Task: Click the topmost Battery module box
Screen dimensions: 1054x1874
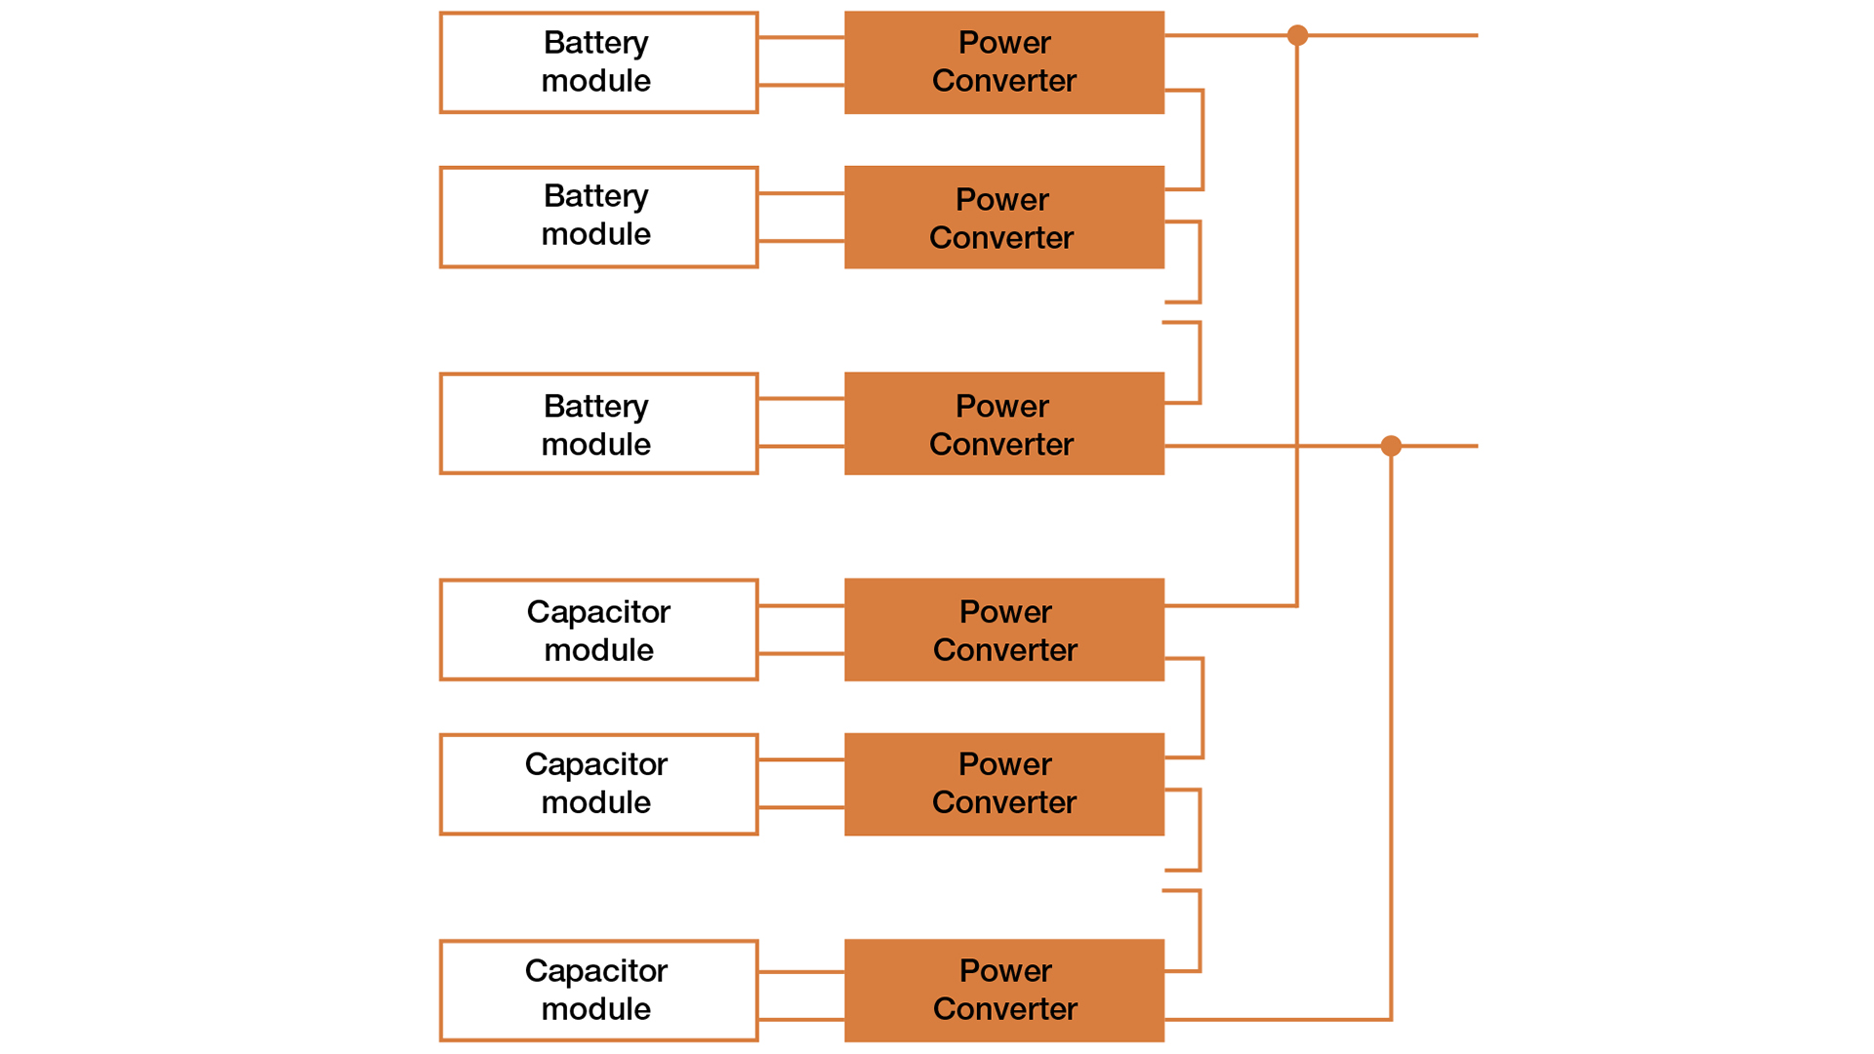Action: [598, 62]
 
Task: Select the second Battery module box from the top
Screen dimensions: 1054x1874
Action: [598, 217]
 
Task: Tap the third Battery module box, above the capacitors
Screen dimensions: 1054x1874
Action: [598, 424]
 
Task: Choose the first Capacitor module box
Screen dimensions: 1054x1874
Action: [598, 629]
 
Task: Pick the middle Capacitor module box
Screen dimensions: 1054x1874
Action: [598, 784]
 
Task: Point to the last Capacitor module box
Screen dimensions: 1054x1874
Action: [598, 990]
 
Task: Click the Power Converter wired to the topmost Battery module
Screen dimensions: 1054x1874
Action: [1003, 62]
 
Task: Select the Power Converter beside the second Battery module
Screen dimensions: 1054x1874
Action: [1003, 217]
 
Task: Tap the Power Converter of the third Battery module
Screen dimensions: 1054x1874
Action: [1003, 424]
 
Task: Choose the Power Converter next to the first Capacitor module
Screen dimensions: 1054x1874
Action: [1003, 629]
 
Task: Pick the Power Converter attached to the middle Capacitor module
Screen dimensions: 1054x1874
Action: [1003, 784]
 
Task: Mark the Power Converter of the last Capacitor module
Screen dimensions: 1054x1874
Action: [1003, 990]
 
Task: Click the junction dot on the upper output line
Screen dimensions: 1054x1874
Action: [1297, 36]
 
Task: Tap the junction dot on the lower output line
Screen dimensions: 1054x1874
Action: [1391, 446]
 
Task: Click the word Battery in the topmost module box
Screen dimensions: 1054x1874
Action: [595, 43]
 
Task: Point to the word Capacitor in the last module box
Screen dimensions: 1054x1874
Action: [595, 971]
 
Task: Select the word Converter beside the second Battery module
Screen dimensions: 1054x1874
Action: [1001, 237]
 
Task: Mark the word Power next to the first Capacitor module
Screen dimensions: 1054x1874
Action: [1005, 612]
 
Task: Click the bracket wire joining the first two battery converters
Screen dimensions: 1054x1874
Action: [1202, 140]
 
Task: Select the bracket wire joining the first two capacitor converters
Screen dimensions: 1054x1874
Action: [1202, 709]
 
